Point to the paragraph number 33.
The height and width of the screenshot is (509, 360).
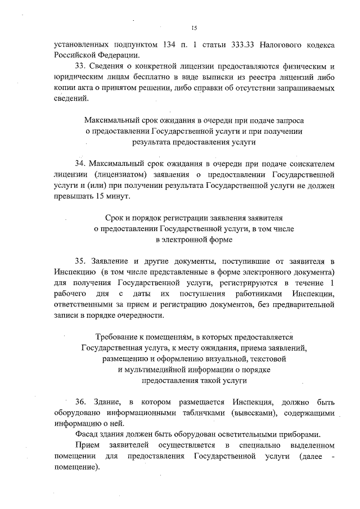click(x=80, y=66)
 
